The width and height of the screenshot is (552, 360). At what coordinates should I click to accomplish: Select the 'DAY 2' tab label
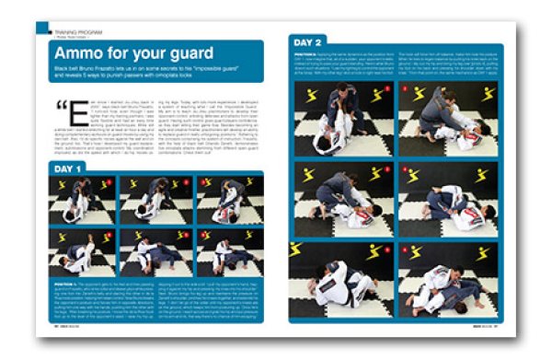pyautogui.click(x=310, y=42)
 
